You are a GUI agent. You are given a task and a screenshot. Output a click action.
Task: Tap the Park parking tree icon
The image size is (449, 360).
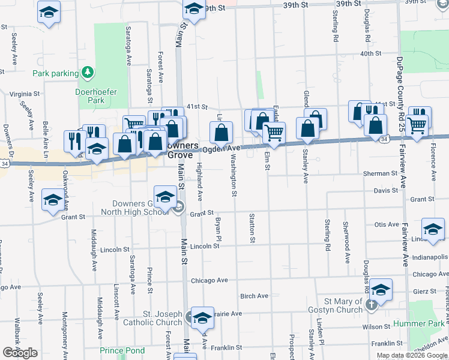88,73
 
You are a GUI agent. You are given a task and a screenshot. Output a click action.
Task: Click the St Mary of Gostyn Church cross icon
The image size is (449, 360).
371,305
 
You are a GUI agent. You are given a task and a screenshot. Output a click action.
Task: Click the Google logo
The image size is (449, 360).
20,353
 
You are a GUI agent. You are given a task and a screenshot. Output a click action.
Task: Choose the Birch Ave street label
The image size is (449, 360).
254,296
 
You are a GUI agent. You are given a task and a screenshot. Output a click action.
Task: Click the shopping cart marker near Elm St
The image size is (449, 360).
274,133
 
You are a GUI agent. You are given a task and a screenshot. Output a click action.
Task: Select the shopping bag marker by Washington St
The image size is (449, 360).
221,132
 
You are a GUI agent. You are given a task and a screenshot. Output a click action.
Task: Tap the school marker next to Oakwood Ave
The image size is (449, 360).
53,200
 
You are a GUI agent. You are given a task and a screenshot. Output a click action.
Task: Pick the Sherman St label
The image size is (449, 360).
380,173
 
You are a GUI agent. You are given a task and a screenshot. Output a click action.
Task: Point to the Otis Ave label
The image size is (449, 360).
387,224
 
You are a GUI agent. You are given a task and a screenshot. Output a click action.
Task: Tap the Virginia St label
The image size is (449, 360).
25,94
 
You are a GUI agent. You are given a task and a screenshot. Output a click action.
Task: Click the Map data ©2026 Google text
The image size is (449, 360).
412,355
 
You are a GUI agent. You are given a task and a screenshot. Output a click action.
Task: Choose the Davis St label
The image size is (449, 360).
386,191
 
